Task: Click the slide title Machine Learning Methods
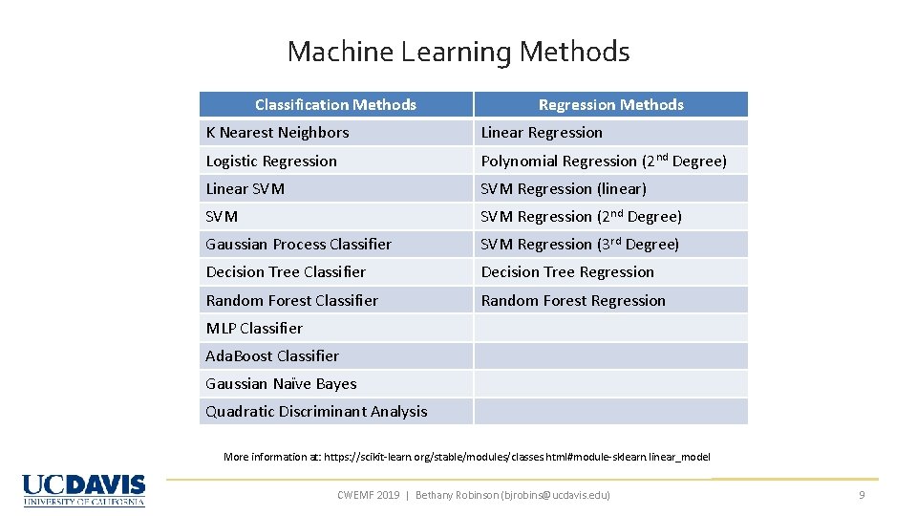[458, 52]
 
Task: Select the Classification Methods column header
[335, 104]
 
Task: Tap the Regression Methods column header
[611, 104]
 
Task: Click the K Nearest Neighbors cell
[278, 133]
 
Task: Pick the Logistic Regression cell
[272, 161]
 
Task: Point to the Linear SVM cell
[245, 188]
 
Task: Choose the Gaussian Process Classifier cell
[299, 244]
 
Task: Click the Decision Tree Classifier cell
[286, 272]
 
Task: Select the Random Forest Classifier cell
[292, 300]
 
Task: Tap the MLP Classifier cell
[255, 328]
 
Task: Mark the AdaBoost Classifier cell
[272, 355]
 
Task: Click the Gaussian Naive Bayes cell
[281, 383]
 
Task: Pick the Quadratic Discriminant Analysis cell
[316, 412]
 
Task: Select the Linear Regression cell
[542, 133]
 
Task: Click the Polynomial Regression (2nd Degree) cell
[604, 161]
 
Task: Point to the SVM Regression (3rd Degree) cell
[580, 244]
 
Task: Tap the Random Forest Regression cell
[573, 300]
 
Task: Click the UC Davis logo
[84, 489]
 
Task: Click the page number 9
[862, 495]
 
